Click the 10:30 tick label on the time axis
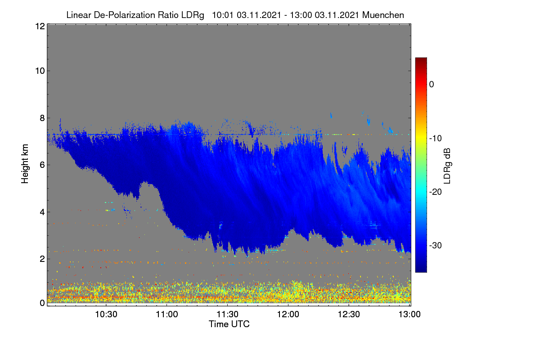pyautogui.click(x=106, y=315)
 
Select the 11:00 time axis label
pyautogui.click(x=167, y=315)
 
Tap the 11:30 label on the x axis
pyautogui.click(x=227, y=315)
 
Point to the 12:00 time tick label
pyautogui.click(x=288, y=315)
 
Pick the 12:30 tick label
pyautogui.click(x=349, y=315)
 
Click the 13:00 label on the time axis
pyautogui.click(x=409, y=315)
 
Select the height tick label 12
pyautogui.click(x=40, y=26)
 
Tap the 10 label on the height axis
pyautogui.click(x=40, y=71)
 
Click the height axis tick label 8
pyautogui.click(x=42, y=118)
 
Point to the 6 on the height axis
pyautogui.click(x=42, y=165)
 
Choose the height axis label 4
pyautogui.click(x=42, y=212)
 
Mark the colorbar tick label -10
pyautogui.click(x=436, y=139)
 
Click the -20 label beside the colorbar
pyautogui.click(x=436, y=192)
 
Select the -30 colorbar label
pyautogui.click(x=436, y=245)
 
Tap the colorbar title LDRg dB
pyautogui.click(x=447, y=166)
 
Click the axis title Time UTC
pyautogui.click(x=229, y=324)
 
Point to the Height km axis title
pyautogui.click(x=25, y=164)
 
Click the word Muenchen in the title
pyautogui.click(x=383, y=15)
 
